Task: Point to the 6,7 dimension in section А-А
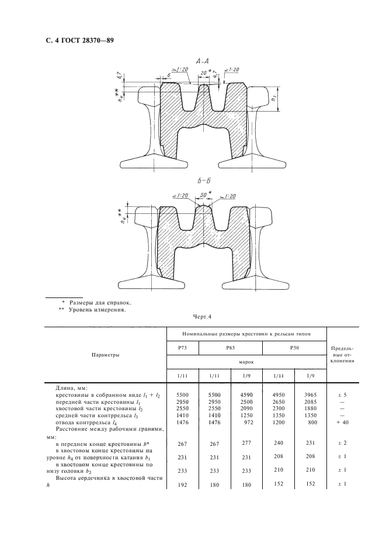pos(119,75)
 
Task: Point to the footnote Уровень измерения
pos(100,310)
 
